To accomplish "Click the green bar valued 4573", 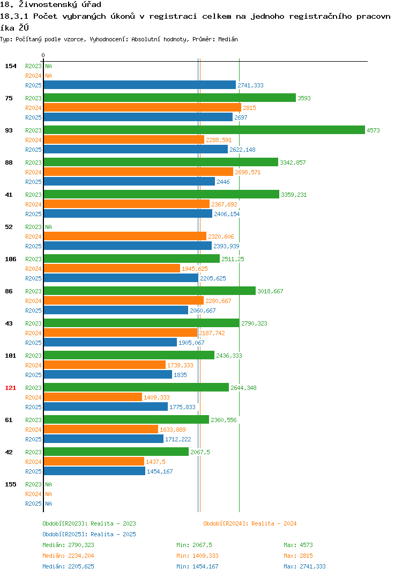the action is [204, 130].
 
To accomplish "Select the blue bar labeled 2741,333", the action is [139, 85].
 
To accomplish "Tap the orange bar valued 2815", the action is [143, 107].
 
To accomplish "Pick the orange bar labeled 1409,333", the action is [93, 397].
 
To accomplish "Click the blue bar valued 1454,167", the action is [94, 471].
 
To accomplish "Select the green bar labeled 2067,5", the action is [116, 452].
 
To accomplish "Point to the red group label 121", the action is [11, 388].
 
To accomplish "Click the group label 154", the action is [11, 66].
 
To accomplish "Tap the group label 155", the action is [11, 484].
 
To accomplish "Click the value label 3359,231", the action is [294, 195].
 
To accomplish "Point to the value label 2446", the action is [223, 182].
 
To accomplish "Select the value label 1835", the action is [180, 375].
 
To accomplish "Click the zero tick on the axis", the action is [43, 55].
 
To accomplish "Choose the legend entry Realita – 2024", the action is [250, 523].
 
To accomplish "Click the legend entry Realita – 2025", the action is [89, 534].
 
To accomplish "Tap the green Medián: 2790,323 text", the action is [68, 545].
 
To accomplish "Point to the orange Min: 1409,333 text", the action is [197, 556].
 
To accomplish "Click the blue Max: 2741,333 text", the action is [304, 566].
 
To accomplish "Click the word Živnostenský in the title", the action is [60, 5].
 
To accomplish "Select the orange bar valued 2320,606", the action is [125, 236].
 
